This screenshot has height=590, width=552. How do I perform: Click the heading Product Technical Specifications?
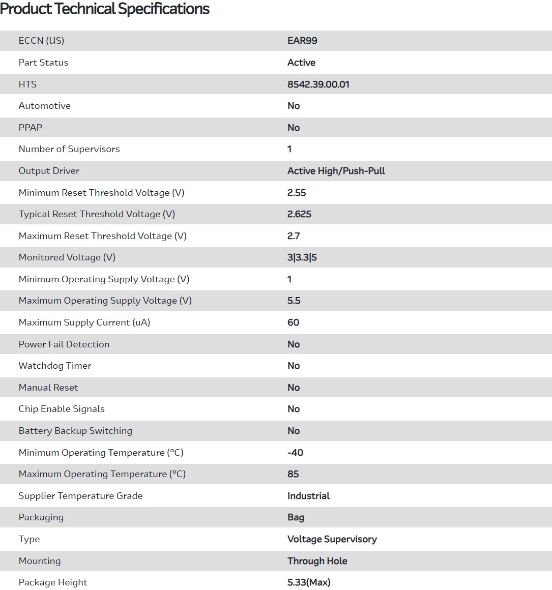coord(105,9)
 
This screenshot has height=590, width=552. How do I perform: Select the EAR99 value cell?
coord(302,41)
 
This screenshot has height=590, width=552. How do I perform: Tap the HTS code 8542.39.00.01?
coord(318,84)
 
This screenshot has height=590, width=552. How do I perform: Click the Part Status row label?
coord(43,63)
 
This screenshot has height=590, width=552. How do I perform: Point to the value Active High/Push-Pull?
coord(336,171)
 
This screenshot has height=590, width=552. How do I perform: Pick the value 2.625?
coord(299,214)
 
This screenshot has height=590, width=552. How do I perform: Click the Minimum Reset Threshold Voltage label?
coord(101,193)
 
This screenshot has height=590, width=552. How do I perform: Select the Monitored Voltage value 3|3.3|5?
coord(302,257)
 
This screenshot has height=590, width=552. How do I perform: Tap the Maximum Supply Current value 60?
coord(293,322)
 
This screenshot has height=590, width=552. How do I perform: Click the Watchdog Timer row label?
coord(55,366)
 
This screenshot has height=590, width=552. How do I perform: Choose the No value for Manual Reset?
coord(294,388)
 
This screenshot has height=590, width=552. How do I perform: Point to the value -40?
coord(295,453)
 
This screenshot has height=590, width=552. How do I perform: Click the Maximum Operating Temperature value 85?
coord(293,474)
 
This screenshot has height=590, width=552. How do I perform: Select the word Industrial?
coord(308,496)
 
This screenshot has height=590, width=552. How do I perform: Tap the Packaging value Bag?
coord(296,517)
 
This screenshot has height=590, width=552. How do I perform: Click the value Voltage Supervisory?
coord(332,539)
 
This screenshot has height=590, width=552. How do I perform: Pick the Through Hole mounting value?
coord(317,561)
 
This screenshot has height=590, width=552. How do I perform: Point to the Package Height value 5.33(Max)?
coord(309,582)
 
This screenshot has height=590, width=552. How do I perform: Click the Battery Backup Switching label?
coord(75,431)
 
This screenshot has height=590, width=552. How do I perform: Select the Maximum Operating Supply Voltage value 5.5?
coord(294,301)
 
